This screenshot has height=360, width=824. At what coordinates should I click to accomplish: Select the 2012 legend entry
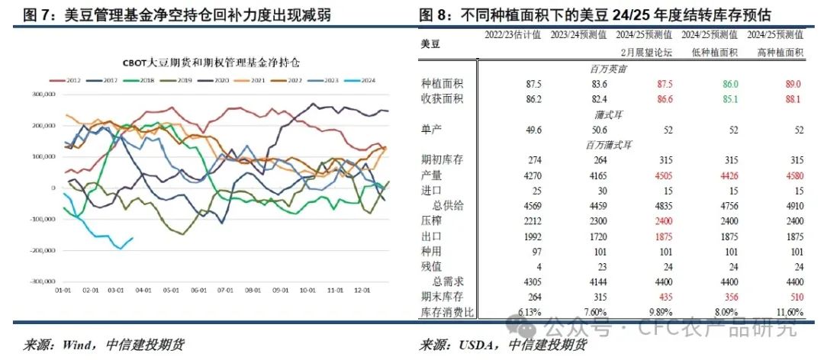point(70,80)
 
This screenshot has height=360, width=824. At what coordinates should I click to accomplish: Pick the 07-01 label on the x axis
point(225,291)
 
